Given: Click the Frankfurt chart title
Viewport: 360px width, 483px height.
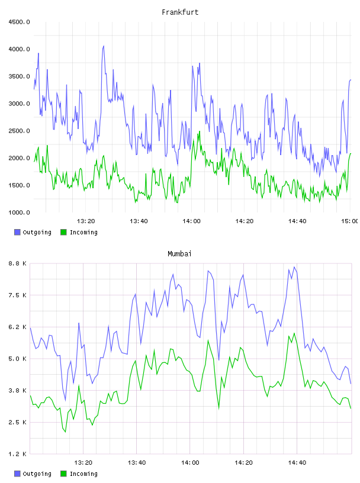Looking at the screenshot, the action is tap(180, 12).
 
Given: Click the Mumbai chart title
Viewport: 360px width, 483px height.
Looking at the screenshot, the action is tap(179, 254).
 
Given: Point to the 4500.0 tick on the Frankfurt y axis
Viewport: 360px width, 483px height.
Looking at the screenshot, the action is tap(19, 22).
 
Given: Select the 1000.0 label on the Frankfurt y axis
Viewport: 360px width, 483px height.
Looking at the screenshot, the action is tap(19, 212).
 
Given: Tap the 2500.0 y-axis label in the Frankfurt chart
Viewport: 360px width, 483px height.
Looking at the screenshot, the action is tap(19, 131).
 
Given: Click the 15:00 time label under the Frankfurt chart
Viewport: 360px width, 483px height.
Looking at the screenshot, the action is tap(349, 221).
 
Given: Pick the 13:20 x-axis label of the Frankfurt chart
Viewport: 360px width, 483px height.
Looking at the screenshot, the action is tap(86, 221).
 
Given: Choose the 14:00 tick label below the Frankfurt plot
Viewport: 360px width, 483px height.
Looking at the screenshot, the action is tap(191, 221).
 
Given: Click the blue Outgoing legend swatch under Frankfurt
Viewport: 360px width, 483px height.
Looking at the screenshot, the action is tap(17, 232).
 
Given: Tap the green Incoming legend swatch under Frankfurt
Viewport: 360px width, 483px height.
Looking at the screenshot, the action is tap(63, 232).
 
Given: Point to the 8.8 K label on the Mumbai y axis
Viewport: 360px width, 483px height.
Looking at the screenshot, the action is tap(18, 263).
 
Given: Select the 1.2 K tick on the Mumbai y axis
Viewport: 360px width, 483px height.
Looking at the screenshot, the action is tap(18, 454).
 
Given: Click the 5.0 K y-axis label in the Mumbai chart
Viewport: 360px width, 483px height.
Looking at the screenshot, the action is tap(18, 359).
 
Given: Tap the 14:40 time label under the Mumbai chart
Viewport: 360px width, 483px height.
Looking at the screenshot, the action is tap(297, 463).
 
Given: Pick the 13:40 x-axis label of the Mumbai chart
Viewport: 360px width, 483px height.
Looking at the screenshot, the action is tap(137, 463).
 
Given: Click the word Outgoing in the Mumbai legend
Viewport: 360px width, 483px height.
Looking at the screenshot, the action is tap(37, 474).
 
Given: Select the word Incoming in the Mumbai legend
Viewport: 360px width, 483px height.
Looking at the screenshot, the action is tap(83, 474).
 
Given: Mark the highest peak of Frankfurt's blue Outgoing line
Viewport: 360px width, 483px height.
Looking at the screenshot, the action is tap(104, 46).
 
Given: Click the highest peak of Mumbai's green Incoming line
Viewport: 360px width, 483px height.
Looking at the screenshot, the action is tap(294, 333).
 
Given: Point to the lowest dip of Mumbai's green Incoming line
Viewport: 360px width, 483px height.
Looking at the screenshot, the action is tap(65, 432).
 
